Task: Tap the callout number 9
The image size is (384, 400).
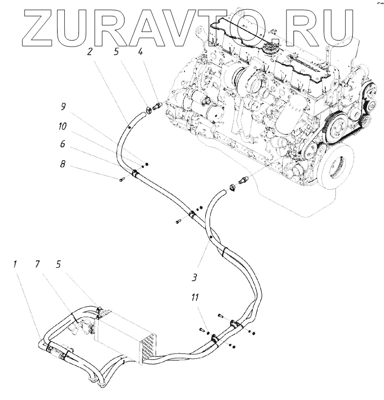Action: coord(63,106)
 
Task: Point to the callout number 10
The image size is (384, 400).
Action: coord(64,126)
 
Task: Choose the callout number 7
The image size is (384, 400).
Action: coord(37,264)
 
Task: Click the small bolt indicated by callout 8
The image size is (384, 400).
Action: coord(120,179)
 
